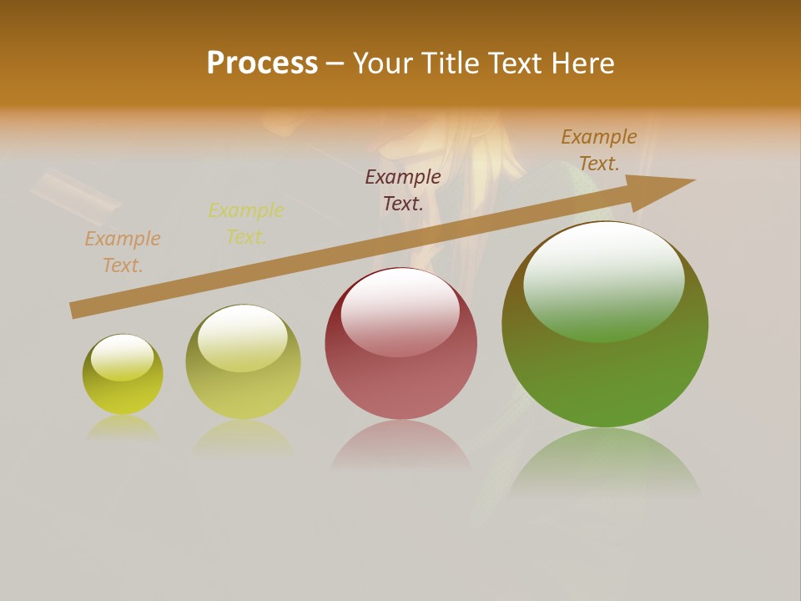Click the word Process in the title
click(262, 63)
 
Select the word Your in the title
click(383, 63)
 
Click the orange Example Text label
click(123, 252)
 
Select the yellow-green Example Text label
click(246, 224)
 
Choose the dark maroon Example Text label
click(403, 190)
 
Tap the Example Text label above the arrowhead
click(599, 150)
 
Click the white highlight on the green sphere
click(603, 280)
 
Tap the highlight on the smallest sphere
click(123, 357)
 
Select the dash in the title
click(335, 63)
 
